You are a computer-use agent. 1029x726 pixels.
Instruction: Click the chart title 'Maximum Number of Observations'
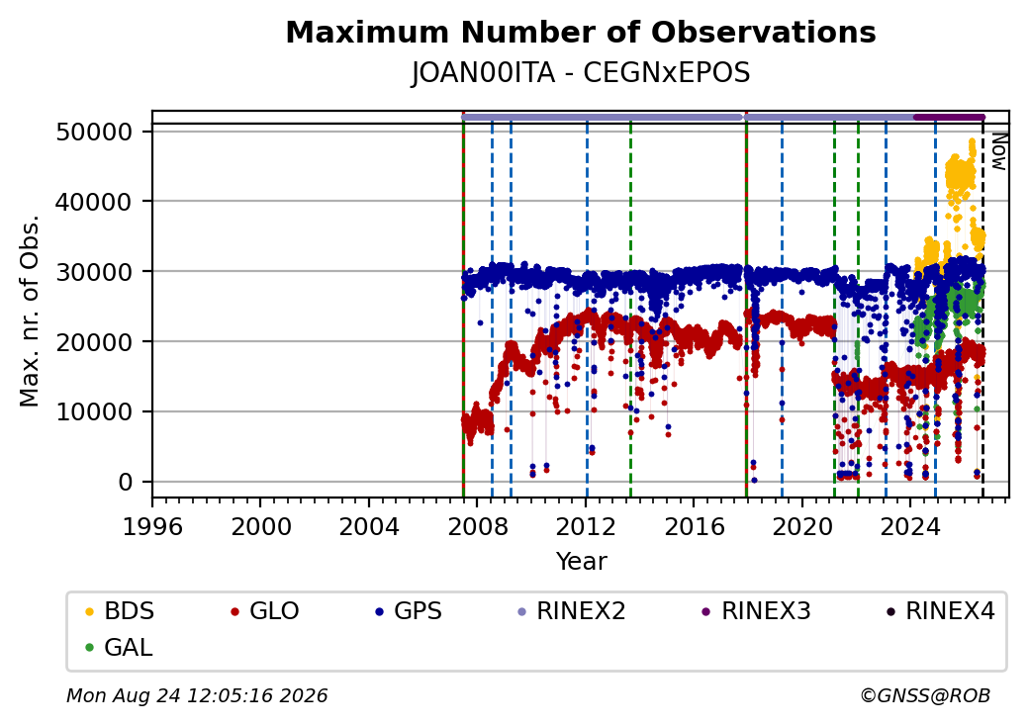pyautogui.click(x=581, y=32)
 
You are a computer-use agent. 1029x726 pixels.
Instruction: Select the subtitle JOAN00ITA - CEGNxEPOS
pyautogui.click(x=581, y=73)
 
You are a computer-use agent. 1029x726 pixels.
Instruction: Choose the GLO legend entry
pyautogui.click(x=265, y=611)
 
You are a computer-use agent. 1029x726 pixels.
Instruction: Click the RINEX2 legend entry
pyautogui.click(x=571, y=611)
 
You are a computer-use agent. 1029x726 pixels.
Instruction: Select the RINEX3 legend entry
pyautogui.click(x=756, y=611)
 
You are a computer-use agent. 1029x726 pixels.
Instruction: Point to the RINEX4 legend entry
pyautogui.click(x=940, y=611)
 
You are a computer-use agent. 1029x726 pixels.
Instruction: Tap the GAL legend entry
pyautogui.click(x=119, y=647)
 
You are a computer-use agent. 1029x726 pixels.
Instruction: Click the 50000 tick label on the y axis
pyautogui.click(x=94, y=132)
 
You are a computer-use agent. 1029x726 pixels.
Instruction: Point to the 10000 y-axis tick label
pyautogui.click(x=94, y=411)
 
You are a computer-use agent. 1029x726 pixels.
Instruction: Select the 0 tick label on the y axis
pyautogui.click(x=126, y=482)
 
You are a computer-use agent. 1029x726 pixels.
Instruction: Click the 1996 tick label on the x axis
pyautogui.click(x=152, y=526)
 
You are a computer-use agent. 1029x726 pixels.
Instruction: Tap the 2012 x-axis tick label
pyautogui.click(x=586, y=526)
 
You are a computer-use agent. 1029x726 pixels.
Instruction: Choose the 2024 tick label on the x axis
pyautogui.click(x=909, y=526)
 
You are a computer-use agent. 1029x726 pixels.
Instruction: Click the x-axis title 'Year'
pyautogui.click(x=582, y=562)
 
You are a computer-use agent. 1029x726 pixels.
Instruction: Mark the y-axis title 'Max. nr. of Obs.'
pyautogui.click(x=29, y=311)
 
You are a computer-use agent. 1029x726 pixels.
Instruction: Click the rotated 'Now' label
pyautogui.click(x=999, y=151)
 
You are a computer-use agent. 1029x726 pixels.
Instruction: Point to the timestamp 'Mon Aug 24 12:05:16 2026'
pyautogui.click(x=197, y=695)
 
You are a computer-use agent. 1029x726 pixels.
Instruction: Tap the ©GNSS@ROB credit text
pyautogui.click(x=925, y=695)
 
